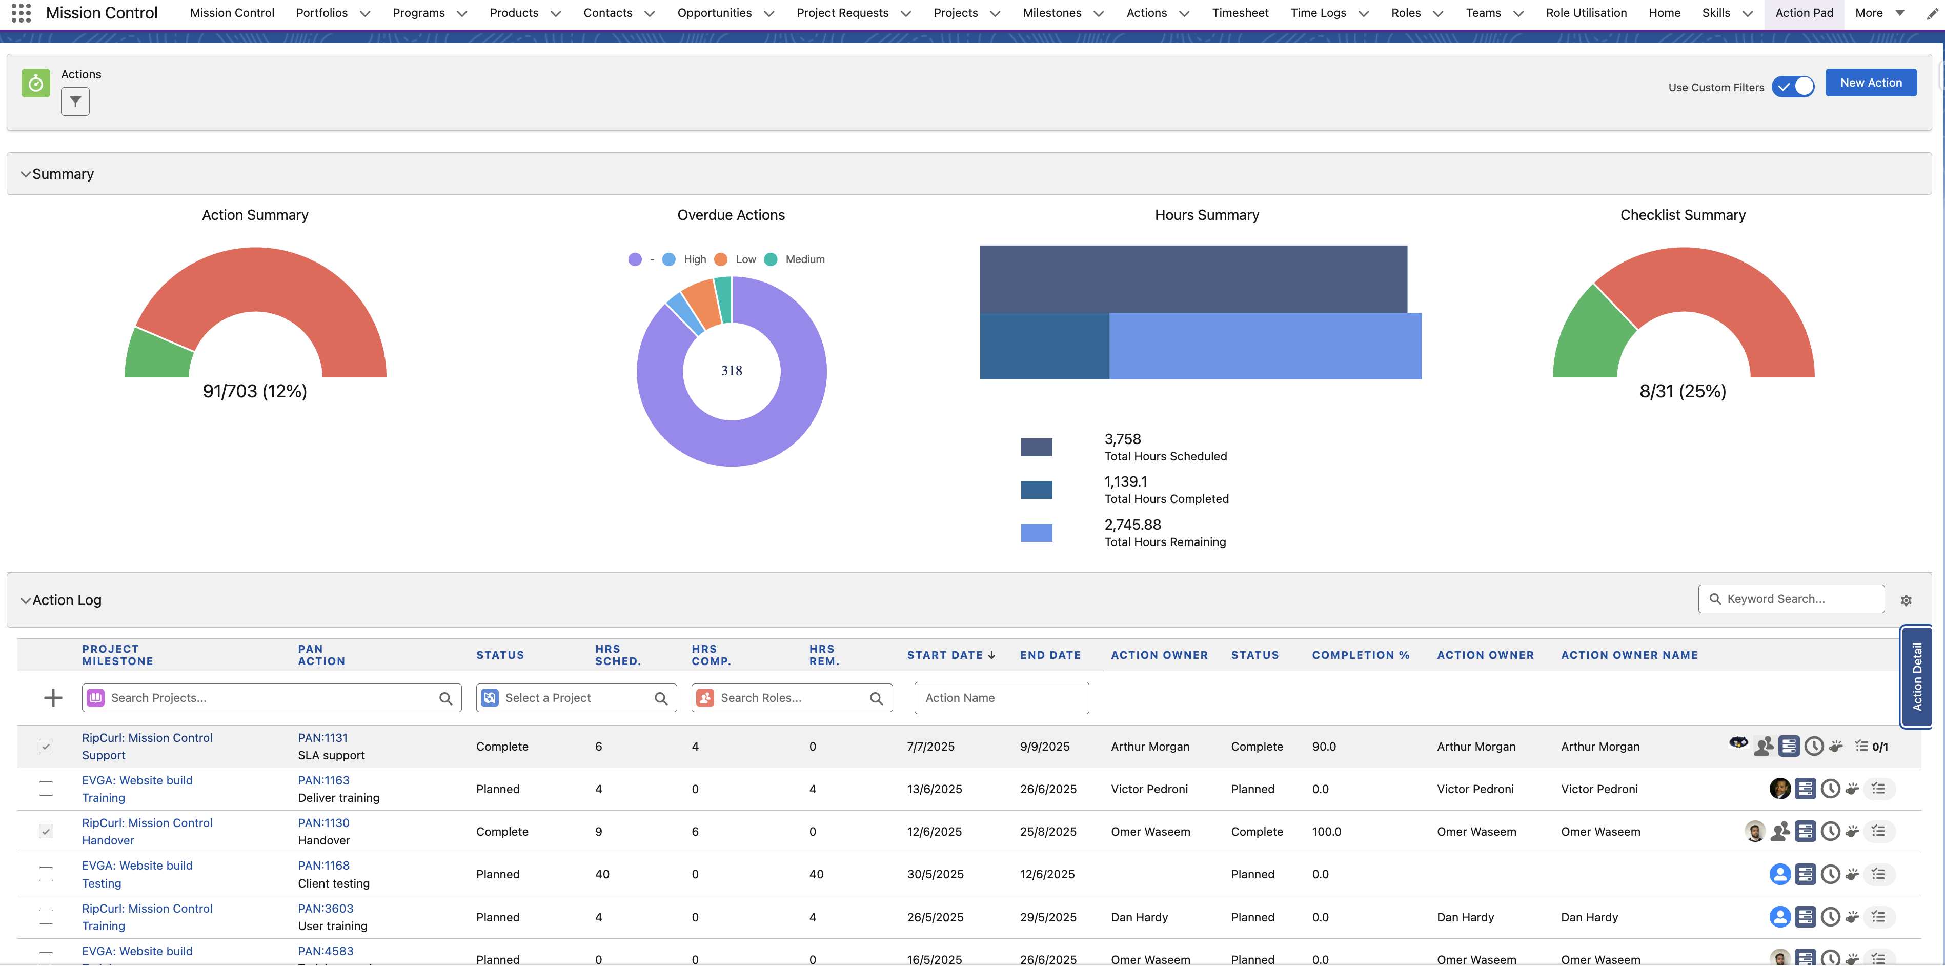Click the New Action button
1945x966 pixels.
point(1870,83)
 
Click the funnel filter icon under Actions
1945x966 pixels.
point(75,101)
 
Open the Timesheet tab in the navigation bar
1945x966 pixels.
point(1240,13)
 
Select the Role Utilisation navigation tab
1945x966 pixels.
point(1586,13)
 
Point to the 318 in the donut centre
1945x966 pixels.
point(731,371)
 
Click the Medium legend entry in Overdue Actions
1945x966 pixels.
point(795,259)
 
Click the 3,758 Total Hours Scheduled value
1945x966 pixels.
point(1122,439)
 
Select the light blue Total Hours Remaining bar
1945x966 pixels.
point(1265,346)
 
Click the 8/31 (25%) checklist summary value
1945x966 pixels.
point(1682,391)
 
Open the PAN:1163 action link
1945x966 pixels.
point(323,780)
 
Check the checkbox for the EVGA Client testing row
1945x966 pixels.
point(46,874)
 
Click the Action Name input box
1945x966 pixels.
point(1001,698)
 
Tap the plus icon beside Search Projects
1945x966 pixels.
point(53,698)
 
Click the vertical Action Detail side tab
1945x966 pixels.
point(1916,676)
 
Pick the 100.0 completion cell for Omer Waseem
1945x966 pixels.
point(1326,832)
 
